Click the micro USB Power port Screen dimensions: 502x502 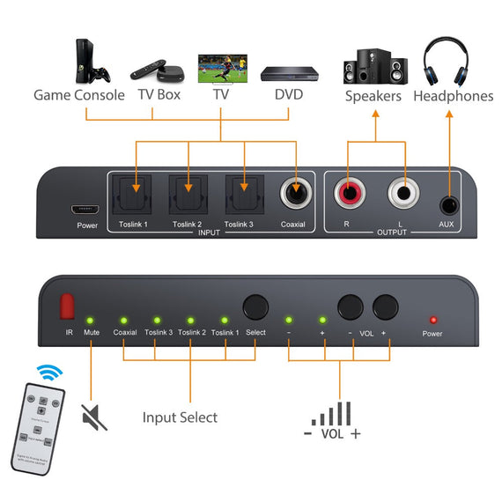pos(86,210)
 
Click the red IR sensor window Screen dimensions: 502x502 pos(65,306)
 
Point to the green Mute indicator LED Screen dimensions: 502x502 pos(89,320)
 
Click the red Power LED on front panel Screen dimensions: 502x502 pos(432,319)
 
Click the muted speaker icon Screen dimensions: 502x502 pos(93,417)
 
